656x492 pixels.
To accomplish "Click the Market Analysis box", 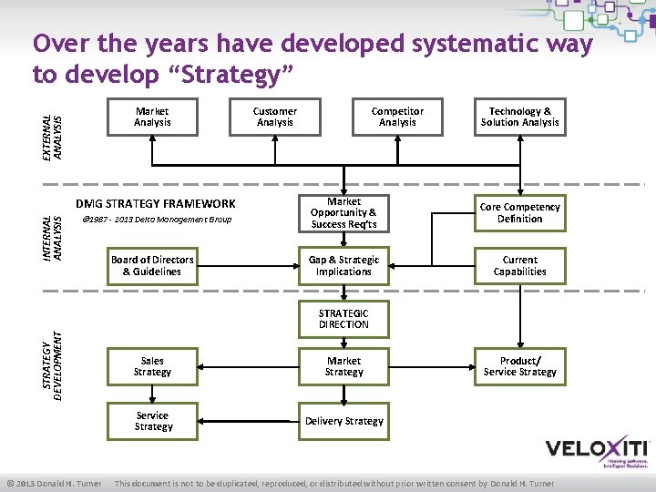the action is [152, 117].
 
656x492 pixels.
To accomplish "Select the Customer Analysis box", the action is [275, 117].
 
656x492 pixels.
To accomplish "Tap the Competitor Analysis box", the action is [397, 117].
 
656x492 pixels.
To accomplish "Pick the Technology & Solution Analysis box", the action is [520, 117].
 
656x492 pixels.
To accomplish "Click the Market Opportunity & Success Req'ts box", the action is [343, 213].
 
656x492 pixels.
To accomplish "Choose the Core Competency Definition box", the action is [520, 213].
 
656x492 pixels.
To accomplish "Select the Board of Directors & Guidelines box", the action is [152, 266].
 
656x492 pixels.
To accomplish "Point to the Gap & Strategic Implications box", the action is [343, 266].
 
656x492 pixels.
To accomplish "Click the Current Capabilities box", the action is [520, 266].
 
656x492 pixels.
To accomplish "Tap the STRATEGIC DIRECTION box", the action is [343, 319].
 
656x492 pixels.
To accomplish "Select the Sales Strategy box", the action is [152, 366].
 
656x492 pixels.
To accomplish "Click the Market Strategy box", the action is [343, 366].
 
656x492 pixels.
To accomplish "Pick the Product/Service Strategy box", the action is [520, 366].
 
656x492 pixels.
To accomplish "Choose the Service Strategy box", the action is [152, 421].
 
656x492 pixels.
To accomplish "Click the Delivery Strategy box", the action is [343, 421].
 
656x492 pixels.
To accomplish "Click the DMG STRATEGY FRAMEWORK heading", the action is [155, 204].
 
